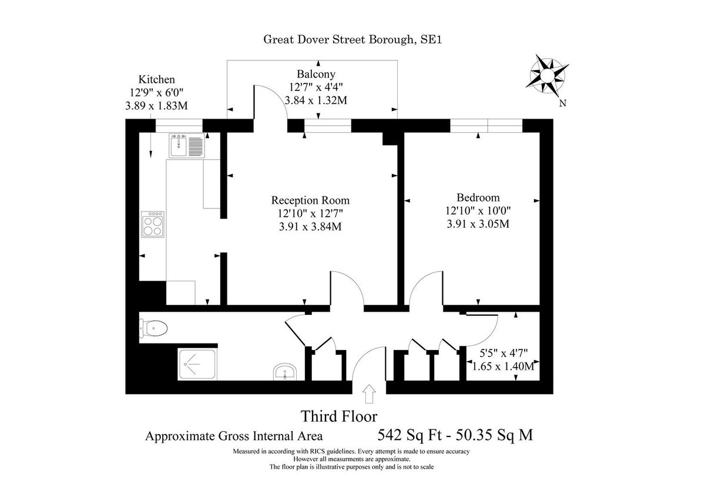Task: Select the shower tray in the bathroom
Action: pyautogui.click(x=197, y=365)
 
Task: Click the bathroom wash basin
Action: pyautogui.click(x=286, y=372)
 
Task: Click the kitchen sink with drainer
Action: pyautogui.click(x=187, y=145)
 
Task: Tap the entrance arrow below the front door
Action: pyautogui.click(x=369, y=394)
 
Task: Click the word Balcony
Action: pyautogui.click(x=315, y=74)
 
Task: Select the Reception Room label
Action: pyautogui.click(x=310, y=200)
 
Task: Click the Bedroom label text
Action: pyautogui.click(x=478, y=197)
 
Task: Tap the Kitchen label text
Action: pyautogui.click(x=156, y=79)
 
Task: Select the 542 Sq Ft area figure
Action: pyautogui.click(x=407, y=436)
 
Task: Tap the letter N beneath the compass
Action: pyautogui.click(x=562, y=104)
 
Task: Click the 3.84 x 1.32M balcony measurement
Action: pyautogui.click(x=315, y=100)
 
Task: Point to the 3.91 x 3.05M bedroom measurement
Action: pyautogui.click(x=478, y=223)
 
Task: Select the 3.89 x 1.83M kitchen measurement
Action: pyautogui.click(x=156, y=106)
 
